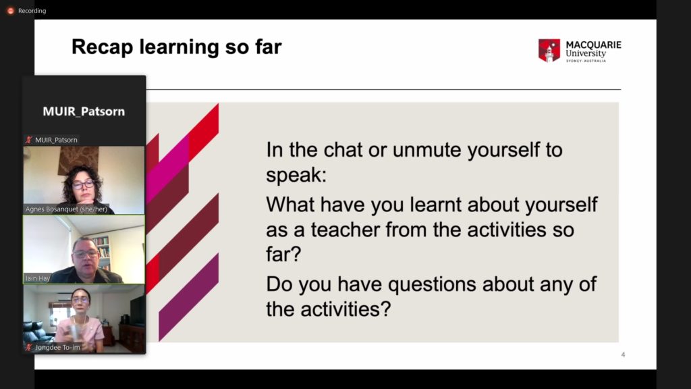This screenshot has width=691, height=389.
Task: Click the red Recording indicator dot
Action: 11,11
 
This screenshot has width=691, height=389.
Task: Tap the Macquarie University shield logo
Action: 549,50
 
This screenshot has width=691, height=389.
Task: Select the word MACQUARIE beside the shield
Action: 593,45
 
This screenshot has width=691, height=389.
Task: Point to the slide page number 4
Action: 623,355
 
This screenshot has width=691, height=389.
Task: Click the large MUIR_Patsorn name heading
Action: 84,111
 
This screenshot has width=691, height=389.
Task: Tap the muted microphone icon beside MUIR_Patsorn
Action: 29,140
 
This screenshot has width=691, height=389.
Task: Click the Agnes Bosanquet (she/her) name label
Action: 66,209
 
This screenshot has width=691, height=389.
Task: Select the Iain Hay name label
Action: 38,278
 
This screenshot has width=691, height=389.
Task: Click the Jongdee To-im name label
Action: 58,348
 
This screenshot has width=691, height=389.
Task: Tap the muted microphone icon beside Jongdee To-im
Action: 29,348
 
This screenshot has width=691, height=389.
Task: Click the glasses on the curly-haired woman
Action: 83,184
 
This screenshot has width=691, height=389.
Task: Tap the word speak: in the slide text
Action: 296,176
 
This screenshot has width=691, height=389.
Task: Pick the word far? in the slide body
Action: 283,254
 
